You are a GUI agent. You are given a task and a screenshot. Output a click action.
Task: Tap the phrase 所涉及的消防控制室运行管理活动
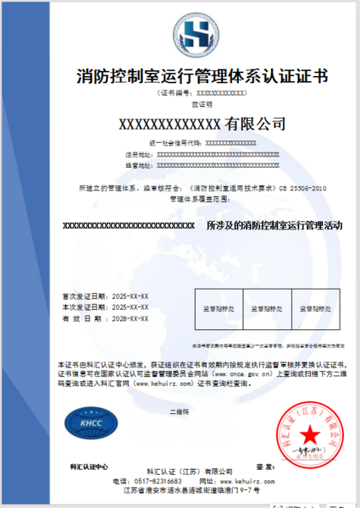[274, 226]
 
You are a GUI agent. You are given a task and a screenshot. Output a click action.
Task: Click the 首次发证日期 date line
[105, 296]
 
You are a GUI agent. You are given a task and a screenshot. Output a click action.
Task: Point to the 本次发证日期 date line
[105, 307]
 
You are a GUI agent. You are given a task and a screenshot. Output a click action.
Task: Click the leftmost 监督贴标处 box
[219, 308]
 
